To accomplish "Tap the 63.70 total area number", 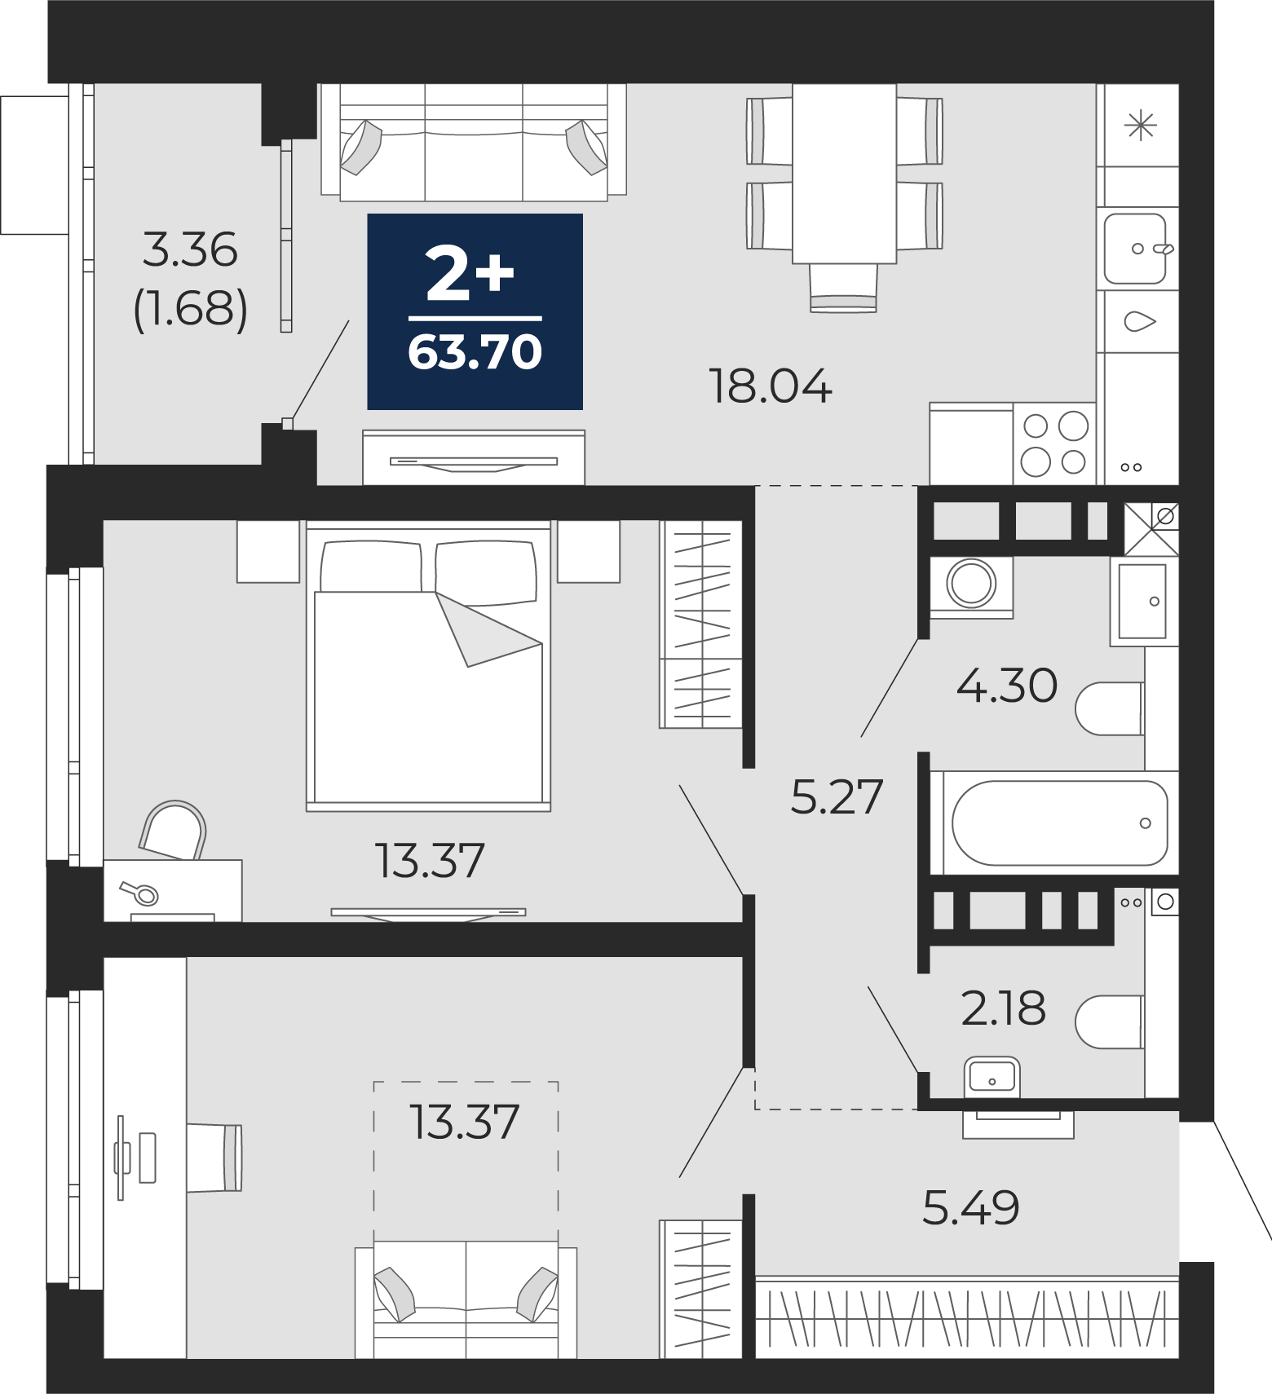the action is click(x=475, y=353).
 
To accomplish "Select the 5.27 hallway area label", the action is click(x=837, y=796).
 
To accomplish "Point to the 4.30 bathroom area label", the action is click(x=1007, y=685).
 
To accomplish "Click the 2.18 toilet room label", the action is click(x=1003, y=1008).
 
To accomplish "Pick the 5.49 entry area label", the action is click(x=970, y=1207).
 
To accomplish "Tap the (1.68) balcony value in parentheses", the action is click(x=190, y=310).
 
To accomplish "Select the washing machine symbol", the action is click(x=971, y=585).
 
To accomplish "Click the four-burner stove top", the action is click(x=1055, y=443).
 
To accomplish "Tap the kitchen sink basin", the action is click(x=1137, y=248).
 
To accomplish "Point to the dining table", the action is click(x=844, y=174).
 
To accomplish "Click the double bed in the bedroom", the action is click(x=428, y=665).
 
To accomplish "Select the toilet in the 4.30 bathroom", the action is click(x=1110, y=709).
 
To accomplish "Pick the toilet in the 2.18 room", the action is click(x=1110, y=1021).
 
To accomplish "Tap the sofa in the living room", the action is click(x=474, y=140).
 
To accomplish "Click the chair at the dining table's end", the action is click(x=843, y=288).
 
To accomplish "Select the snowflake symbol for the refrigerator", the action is click(x=1140, y=126).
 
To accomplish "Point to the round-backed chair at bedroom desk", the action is click(x=173, y=830).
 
